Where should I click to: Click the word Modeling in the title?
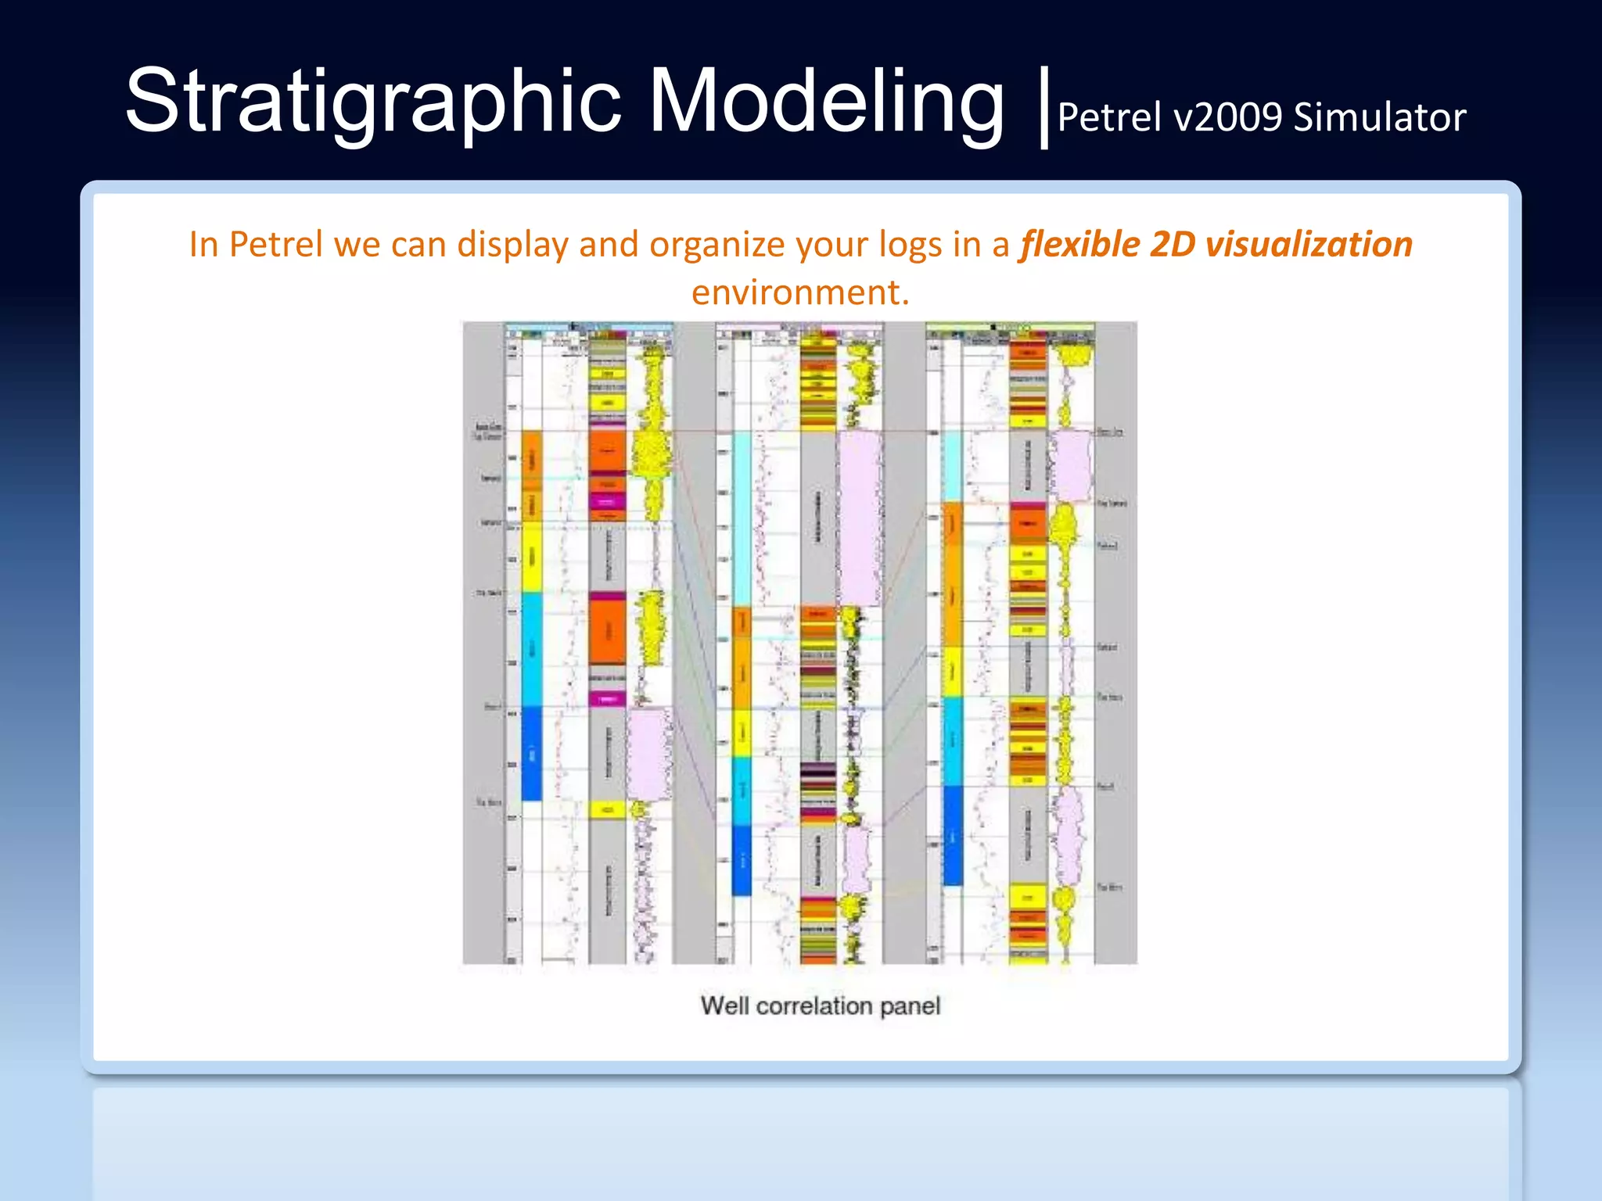pyautogui.click(x=826, y=102)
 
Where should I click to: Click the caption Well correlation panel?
pyautogui.click(x=820, y=1006)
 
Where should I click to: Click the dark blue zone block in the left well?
pyautogui.click(x=531, y=753)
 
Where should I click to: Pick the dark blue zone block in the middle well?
pyautogui.click(x=742, y=860)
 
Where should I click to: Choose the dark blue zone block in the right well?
pyautogui.click(x=953, y=835)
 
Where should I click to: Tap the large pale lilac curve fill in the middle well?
pyautogui.click(x=859, y=516)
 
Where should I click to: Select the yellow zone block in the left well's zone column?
pyautogui.click(x=531, y=557)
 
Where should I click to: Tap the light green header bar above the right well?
pyautogui.click(x=1009, y=326)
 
